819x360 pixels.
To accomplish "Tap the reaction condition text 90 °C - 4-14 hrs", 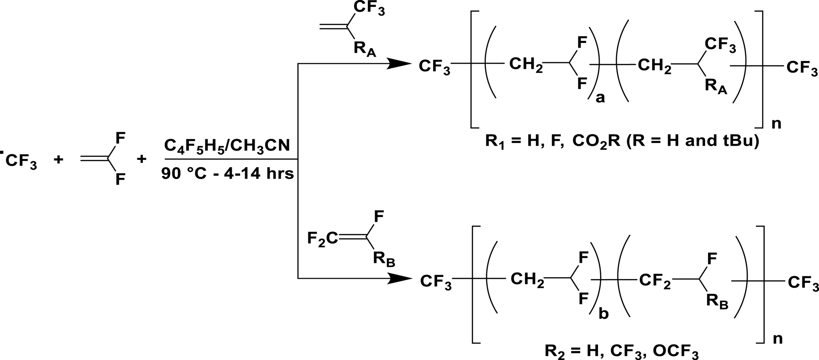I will (x=228, y=174).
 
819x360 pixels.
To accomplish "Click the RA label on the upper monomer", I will (x=364, y=49).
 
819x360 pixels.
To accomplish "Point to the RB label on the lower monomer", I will (x=383, y=259).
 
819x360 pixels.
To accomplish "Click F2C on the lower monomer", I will (x=322, y=238).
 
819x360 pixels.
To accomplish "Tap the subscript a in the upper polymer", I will (x=600, y=99).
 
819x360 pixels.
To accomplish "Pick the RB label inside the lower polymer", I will (x=717, y=302).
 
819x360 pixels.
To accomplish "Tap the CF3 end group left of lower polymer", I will (x=436, y=282).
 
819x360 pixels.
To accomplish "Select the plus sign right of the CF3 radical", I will (x=58, y=160).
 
